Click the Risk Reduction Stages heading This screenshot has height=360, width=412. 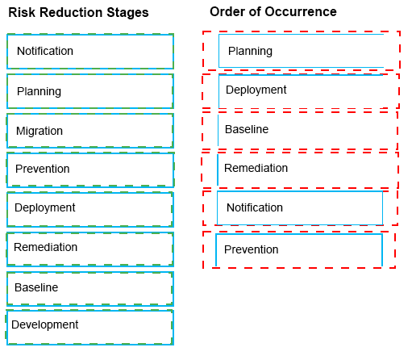pos(78,13)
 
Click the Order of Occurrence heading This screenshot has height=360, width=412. pos(273,12)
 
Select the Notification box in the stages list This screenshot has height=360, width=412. pos(90,52)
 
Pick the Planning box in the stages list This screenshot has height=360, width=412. pos(90,91)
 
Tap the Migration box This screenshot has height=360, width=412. pos(90,131)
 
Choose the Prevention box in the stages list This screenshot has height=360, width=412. pos(90,170)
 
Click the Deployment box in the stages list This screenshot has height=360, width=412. pos(90,209)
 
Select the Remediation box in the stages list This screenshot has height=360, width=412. pos(90,249)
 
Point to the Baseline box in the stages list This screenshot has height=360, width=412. pos(90,289)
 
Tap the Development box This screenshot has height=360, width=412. pos(89,328)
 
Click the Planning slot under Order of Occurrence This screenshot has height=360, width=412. pos(302,51)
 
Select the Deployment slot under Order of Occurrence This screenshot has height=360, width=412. pos(301,91)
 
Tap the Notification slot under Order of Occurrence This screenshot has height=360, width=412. pos(300,208)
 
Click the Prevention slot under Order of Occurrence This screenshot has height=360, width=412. pos(299,249)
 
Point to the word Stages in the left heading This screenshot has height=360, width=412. pos(127,13)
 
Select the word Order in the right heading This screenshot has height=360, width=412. pos(225,12)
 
